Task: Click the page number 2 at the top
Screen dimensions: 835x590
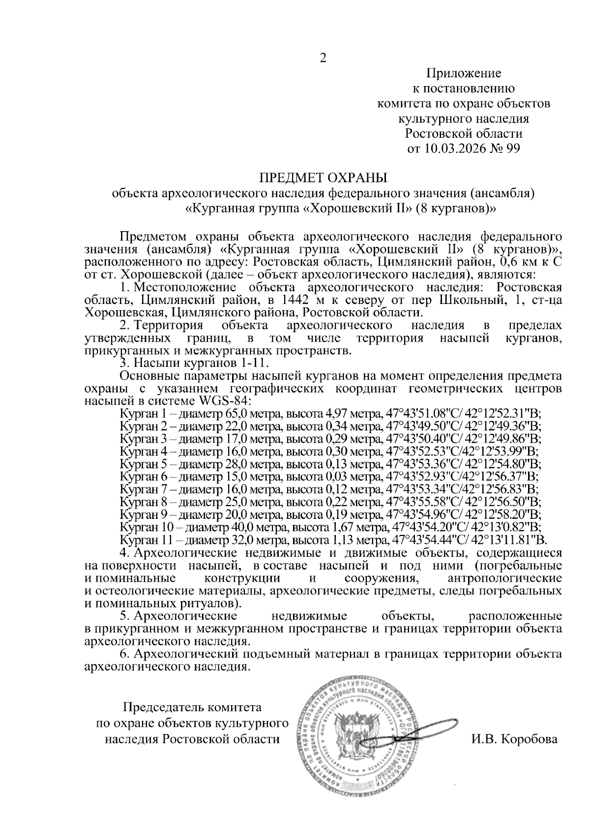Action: [323, 59]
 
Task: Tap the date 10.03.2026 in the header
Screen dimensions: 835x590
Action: [448, 148]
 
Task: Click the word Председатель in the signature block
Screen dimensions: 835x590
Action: [160, 708]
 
